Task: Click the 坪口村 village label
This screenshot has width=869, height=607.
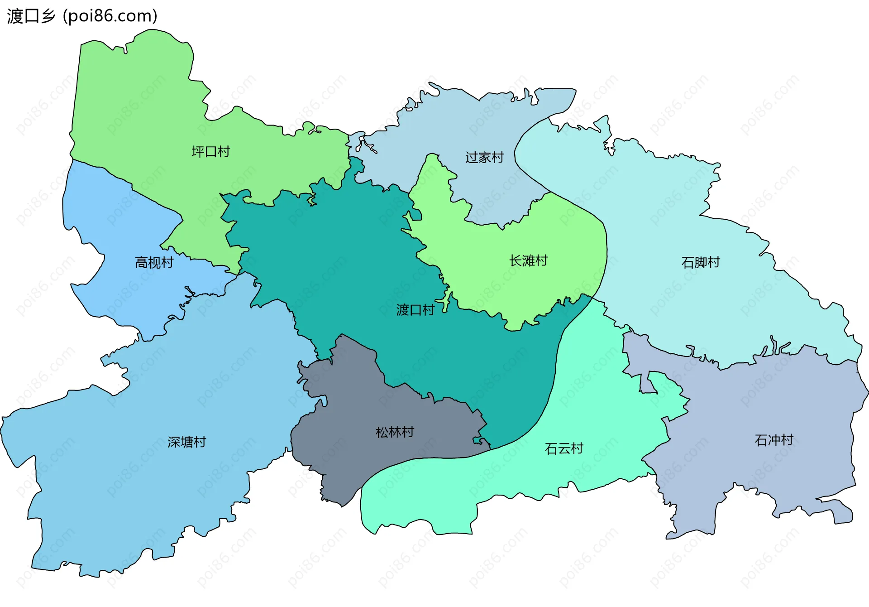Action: point(210,151)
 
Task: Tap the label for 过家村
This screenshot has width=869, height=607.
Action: point(484,157)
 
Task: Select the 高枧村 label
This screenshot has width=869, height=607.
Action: point(154,262)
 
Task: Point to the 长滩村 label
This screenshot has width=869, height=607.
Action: point(528,260)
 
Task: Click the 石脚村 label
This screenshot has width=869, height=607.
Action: point(700,262)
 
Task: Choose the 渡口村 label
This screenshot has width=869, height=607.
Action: point(415,310)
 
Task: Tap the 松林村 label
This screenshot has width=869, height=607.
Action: point(395,432)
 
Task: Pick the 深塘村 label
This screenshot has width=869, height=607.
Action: point(186,442)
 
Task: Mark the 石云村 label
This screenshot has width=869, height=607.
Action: point(564,448)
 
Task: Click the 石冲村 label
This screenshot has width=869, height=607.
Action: point(774,440)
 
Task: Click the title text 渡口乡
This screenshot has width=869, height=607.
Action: point(31,16)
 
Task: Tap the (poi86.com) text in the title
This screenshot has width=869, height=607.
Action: point(110,16)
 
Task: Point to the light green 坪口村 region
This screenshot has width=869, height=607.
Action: point(136,104)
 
